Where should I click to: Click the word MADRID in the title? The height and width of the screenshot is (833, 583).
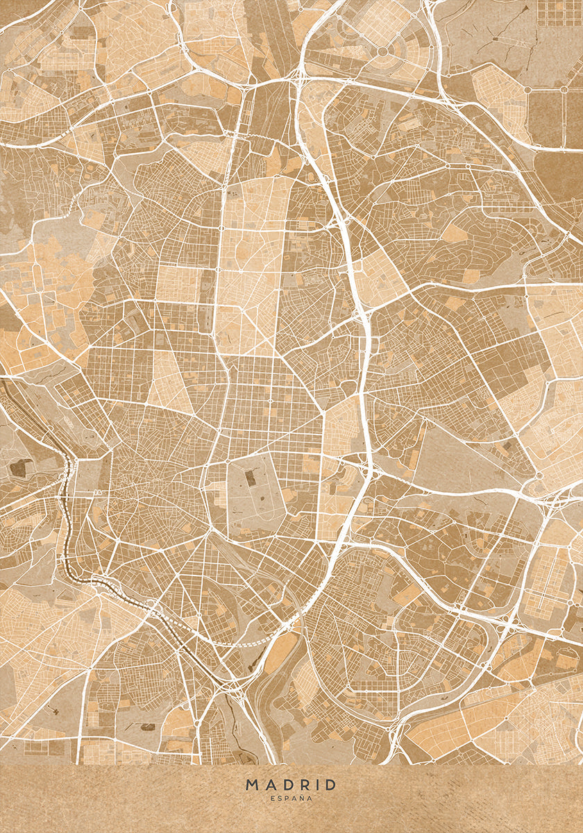tap(291, 784)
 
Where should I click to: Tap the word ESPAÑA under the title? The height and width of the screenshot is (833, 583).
tap(291, 799)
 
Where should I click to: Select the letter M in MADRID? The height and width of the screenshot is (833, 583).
tap(251, 784)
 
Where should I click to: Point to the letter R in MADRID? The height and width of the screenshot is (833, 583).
tap(303, 784)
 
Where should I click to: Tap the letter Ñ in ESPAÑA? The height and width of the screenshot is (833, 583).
tap(302, 799)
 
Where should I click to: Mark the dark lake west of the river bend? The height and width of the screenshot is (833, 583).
tap(17, 469)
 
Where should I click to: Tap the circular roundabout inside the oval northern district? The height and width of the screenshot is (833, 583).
tap(382, 51)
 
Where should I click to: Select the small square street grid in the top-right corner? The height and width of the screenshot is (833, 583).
tap(559, 12)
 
